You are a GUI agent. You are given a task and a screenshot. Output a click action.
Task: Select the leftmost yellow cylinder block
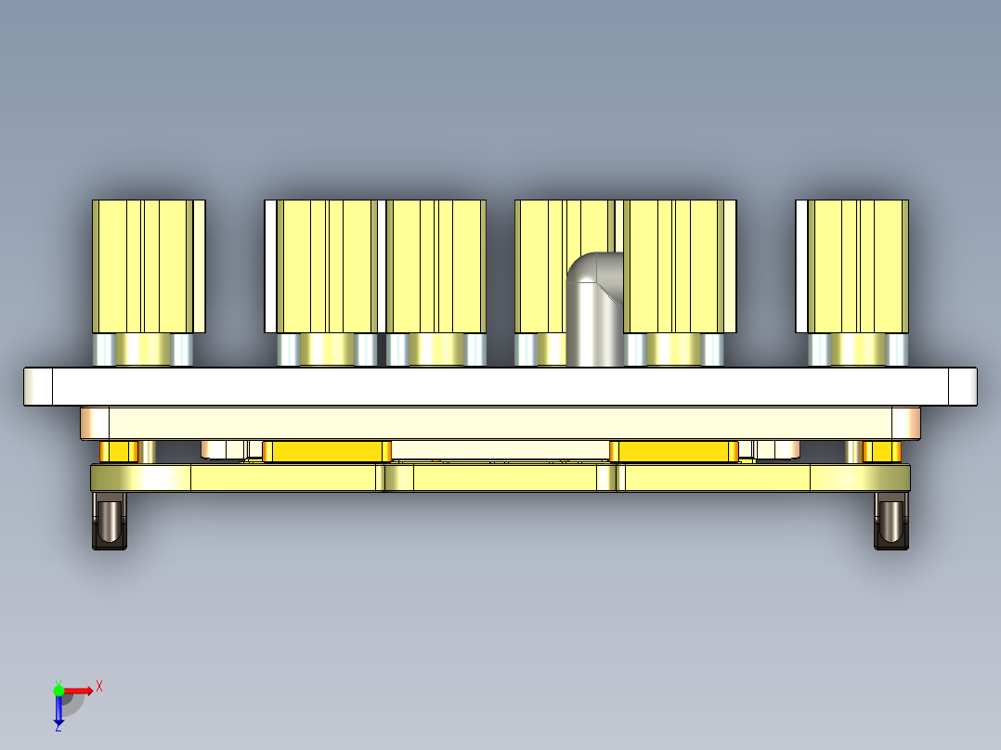(147, 265)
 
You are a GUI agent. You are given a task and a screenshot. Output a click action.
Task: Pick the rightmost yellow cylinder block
(857, 265)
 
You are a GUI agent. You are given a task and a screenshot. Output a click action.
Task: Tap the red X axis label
(99, 686)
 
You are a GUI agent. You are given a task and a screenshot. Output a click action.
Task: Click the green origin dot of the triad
(58, 690)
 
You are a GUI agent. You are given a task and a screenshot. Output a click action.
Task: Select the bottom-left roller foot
(110, 521)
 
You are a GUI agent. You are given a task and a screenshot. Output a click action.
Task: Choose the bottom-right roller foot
(890, 521)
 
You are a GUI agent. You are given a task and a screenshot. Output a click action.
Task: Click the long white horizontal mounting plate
(501, 386)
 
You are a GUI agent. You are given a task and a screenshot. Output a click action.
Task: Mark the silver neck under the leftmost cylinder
(143, 350)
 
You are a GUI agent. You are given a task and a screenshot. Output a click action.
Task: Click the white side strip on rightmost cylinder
(801, 265)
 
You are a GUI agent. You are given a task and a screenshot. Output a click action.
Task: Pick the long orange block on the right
(672, 452)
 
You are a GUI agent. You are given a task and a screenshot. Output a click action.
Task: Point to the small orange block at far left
(118, 452)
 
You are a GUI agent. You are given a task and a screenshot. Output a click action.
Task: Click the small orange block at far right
(882, 452)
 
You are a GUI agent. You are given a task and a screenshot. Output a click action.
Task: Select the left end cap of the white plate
(38, 386)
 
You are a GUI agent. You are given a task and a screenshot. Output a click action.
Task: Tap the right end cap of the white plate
(963, 386)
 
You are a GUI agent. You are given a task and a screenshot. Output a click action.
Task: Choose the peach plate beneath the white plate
(501, 422)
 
